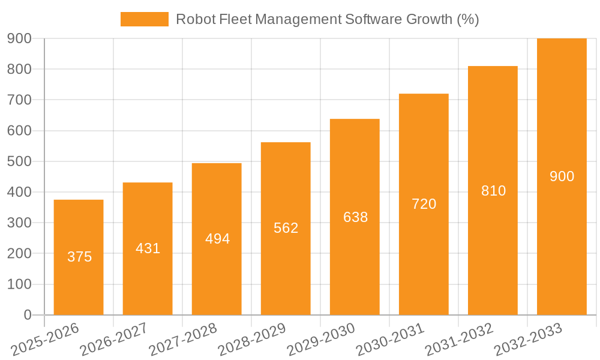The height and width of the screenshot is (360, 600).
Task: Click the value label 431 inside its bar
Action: pyautogui.click(x=148, y=248)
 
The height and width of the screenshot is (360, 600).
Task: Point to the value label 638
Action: pyautogui.click(x=355, y=217)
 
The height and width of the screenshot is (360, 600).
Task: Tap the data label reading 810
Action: pyautogui.click(x=493, y=191)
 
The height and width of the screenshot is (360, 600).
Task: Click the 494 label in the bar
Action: pyautogui.click(x=217, y=239)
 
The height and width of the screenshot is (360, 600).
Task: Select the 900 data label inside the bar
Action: pyautogui.click(x=562, y=176)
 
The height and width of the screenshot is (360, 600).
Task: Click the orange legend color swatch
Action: pyautogui.click(x=145, y=19)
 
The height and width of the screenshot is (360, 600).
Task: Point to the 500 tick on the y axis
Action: pyautogui.click(x=19, y=161)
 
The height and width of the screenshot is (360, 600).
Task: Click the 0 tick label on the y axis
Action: pyautogui.click(x=27, y=315)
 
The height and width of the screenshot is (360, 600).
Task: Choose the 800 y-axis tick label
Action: pyautogui.click(x=19, y=69)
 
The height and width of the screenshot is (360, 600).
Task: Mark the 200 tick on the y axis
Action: pyautogui.click(x=19, y=253)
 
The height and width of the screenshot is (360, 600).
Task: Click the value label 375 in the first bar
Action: pyautogui.click(x=79, y=257)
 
